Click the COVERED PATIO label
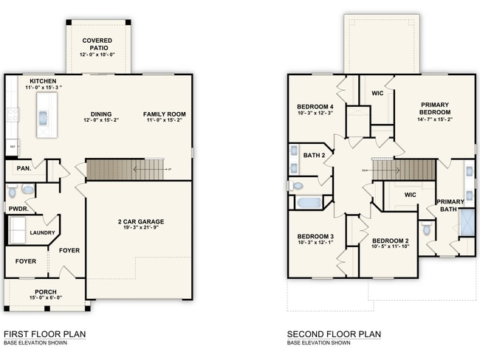pos(98,44)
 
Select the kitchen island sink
pos(43,116)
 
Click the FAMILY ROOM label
pos(165,114)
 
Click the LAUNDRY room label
pos(42,232)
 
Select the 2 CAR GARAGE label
pos(140,221)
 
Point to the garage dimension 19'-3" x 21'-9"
pos(140,229)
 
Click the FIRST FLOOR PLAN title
pos(44,334)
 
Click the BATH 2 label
pos(314,154)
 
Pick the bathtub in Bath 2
pos(307,201)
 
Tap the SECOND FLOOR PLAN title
pos(334,334)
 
